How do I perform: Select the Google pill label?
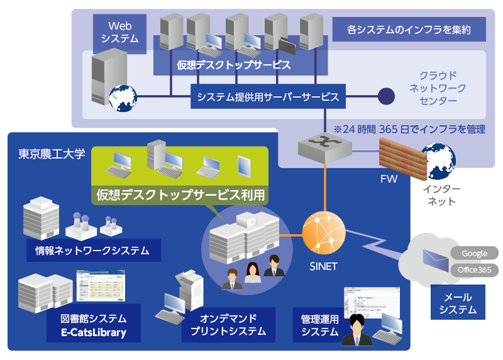click(x=474, y=253)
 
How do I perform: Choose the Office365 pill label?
click(x=474, y=270)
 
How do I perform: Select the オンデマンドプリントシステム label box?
click(x=228, y=324)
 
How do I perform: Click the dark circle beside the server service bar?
click(x=385, y=97)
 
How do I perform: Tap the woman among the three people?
click(x=252, y=275)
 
